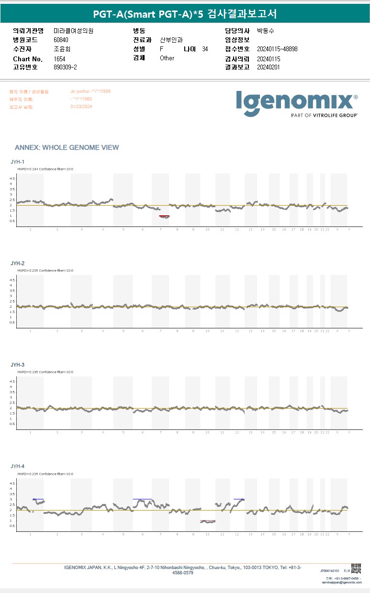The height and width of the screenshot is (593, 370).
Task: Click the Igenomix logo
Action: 297,102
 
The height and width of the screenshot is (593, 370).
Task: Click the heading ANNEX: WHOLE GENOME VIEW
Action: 67,147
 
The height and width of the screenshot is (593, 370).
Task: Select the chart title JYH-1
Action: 18,162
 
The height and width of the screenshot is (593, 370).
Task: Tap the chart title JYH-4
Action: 18,466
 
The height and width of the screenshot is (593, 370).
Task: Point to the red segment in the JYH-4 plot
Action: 208,521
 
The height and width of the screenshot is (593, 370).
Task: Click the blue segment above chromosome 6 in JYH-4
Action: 142,499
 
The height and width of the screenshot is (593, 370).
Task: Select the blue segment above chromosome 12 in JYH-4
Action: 239,499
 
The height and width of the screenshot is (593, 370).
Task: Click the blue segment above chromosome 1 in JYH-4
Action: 38,499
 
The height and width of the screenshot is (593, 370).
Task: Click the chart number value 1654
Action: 60,58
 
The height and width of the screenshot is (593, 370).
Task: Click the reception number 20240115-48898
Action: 277,49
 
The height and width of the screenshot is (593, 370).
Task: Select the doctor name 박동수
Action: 265,31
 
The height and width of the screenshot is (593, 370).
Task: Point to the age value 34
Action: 205,49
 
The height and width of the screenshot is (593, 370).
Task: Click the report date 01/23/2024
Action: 81,107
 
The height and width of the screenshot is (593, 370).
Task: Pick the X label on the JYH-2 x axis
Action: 337,331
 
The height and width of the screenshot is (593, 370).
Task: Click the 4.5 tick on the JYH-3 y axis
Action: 12,381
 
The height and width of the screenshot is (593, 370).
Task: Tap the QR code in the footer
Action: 356,569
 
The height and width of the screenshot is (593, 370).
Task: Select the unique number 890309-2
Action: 66,67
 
